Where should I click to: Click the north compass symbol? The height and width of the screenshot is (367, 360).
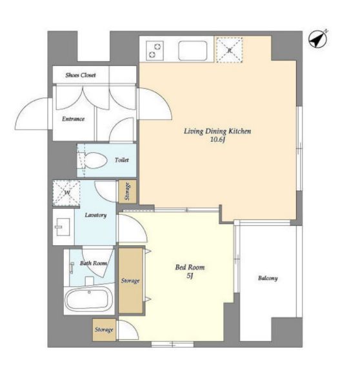pyautogui.click(x=317, y=40)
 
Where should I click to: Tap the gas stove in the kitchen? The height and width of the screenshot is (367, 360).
pyautogui.click(x=154, y=50)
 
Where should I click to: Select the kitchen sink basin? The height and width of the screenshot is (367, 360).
pyautogui.click(x=192, y=50)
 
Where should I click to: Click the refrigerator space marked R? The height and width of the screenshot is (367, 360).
pyautogui.click(x=229, y=50)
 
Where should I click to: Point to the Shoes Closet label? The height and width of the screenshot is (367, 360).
pyautogui.click(x=81, y=75)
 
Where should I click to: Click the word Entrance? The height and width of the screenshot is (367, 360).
pyautogui.click(x=73, y=119)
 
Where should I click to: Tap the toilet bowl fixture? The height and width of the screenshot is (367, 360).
pyautogui.click(x=93, y=161)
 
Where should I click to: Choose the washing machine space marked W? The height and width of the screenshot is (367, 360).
pyautogui.click(x=66, y=193)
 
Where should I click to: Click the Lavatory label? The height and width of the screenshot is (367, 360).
pyautogui.click(x=95, y=215)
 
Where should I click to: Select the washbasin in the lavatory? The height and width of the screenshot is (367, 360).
pyautogui.click(x=63, y=227)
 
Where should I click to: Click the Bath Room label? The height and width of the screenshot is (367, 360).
pyautogui.click(x=94, y=263)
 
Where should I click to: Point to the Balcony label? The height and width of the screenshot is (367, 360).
pyautogui.click(x=268, y=278)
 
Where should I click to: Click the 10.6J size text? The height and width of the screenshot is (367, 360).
pyautogui.click(x=218, y=140)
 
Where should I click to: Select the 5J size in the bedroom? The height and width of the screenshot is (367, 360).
pyautogui.click(x=190, y=276)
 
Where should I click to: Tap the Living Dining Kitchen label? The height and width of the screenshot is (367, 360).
pyautogui.click(x=217, y=131)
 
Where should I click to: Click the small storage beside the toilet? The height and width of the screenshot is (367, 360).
pyautogui.click(x=127, y=192)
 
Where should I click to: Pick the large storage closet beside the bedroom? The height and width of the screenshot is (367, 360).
pyautogui.click(x=130, y=281)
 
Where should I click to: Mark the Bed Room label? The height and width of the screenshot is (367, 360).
pyautogui.click(x=190, y=267)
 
